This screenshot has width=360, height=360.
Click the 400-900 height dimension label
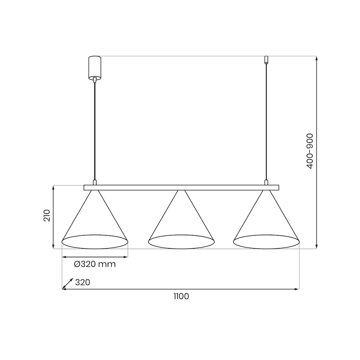point(310,151)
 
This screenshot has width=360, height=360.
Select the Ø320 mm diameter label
point(94,264)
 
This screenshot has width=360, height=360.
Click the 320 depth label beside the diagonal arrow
point(83,283)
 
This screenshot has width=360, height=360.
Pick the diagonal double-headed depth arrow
point(68,283)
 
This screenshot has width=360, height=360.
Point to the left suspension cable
point(94,130)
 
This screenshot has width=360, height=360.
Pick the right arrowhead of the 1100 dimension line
point(297,289)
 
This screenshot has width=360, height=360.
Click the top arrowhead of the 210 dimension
point(54,187)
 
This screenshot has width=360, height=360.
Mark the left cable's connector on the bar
point(94,182)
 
